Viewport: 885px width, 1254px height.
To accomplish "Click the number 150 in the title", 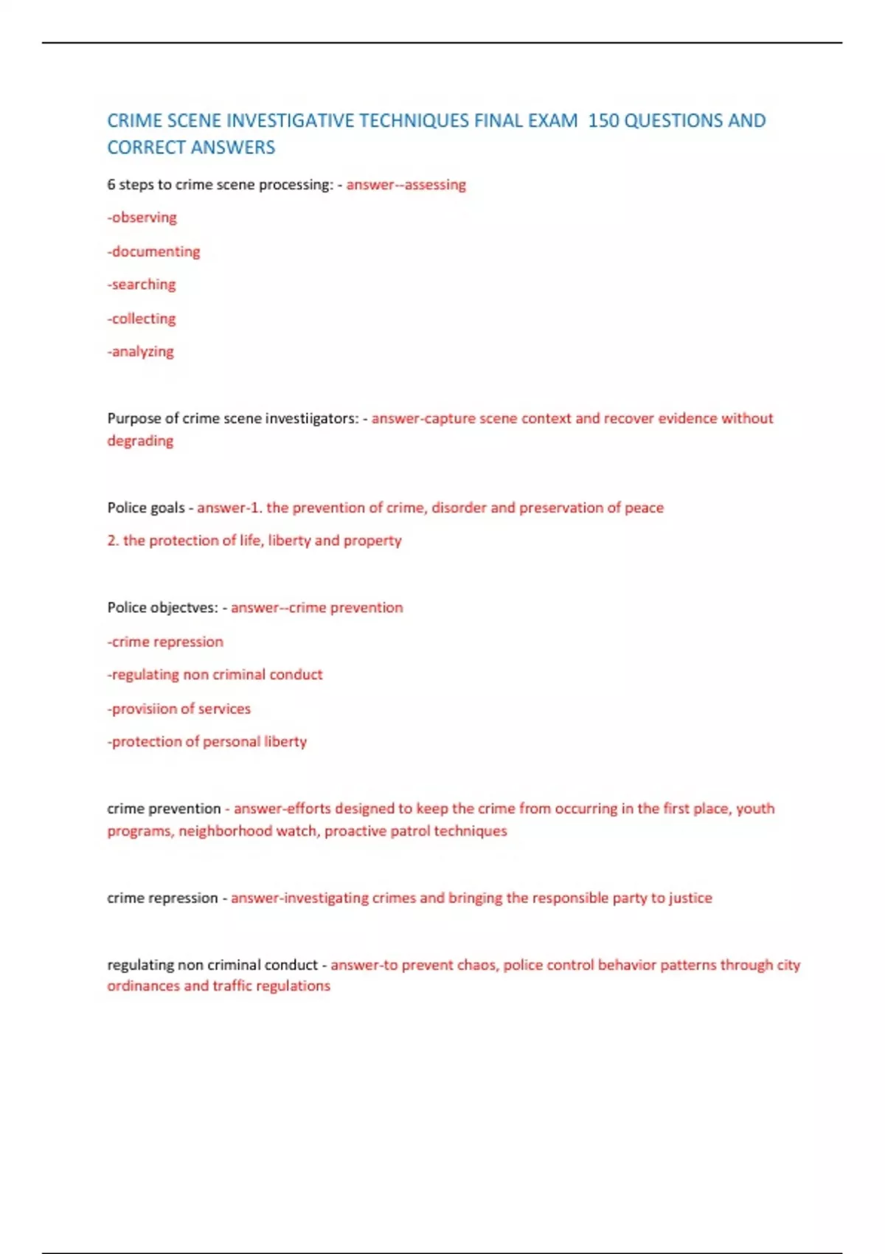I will [603, 120].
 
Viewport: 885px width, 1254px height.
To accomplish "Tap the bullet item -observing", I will [142, 218].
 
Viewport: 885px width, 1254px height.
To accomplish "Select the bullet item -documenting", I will [153, 252].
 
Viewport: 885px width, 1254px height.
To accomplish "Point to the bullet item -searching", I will [142, 285].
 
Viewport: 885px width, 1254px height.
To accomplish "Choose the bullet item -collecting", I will [142, 319].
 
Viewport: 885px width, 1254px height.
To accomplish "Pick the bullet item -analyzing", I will [141, 352].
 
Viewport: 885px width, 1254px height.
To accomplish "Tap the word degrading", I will [140, 441].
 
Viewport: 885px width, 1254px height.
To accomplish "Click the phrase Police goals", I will [146, 508].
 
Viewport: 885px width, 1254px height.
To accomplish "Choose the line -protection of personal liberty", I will [207, 742].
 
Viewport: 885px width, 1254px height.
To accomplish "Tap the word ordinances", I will [143, 986].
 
